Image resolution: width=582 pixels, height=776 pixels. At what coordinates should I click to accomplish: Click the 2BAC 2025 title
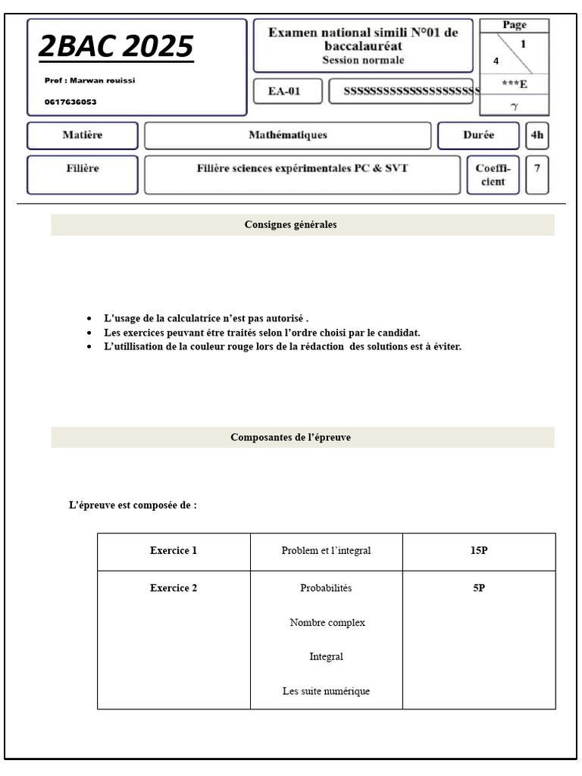(x=116, y=47)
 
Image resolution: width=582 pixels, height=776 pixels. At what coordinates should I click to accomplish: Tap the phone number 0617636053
(x=70, y=102)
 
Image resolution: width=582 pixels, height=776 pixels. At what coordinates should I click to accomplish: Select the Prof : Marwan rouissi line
(x=89, y=81)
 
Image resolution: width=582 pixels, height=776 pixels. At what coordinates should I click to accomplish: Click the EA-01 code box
(x=286, y=92)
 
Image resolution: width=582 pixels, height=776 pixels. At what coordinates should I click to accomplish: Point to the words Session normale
(x=363, y=61)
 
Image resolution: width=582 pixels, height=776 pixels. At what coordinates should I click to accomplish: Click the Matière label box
(x=83, y=136)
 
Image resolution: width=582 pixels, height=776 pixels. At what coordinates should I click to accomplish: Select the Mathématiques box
(x=287, y=136)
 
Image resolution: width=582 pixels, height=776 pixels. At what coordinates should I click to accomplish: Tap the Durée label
(x=478, y=136)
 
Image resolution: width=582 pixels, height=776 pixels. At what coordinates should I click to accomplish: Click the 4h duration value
(x=537, y=136)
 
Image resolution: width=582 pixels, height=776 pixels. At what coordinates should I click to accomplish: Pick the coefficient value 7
(x=537, y=168)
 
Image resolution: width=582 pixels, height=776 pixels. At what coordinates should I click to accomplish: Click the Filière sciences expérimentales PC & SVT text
(x=302, y=168)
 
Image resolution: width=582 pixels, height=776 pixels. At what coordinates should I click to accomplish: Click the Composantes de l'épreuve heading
(x=290, y=438)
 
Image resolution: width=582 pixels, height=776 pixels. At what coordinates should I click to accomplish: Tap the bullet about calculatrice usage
(x=206, y=319)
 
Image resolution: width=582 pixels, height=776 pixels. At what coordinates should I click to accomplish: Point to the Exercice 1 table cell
(x=174, y=551)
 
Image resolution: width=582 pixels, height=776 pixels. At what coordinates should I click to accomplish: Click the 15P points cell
(x=478, y=551)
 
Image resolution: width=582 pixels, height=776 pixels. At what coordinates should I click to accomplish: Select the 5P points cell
(x=478, y=588)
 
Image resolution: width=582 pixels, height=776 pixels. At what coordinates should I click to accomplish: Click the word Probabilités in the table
(x=326, y=588)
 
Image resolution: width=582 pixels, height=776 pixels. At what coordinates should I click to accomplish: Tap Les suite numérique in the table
(x=326, y=691)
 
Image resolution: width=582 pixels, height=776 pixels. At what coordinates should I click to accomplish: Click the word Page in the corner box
(x=514, y=26)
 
